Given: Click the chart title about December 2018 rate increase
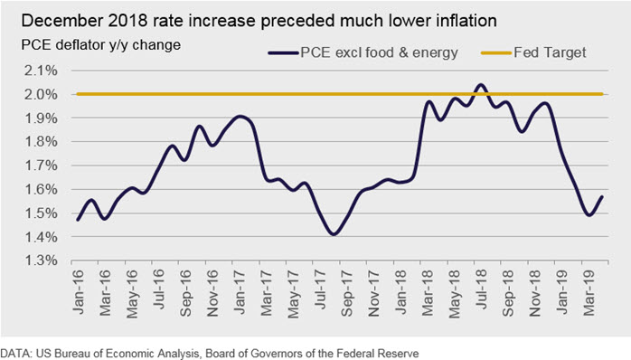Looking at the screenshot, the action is click(259, 21).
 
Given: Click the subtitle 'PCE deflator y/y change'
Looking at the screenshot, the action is click(100, 44).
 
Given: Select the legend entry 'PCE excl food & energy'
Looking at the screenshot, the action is click(363, 52).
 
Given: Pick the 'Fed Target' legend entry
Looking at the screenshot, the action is click(533, 52).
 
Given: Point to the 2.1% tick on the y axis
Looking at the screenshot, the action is click(41, 71).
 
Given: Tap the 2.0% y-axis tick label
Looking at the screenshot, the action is click(41, 95).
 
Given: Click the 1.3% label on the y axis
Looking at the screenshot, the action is click(41, 261).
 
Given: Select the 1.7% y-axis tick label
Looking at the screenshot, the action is click(41, 166).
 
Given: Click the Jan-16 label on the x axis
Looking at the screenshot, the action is click(78, 292).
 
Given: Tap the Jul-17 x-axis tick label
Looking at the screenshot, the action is click(320, 290).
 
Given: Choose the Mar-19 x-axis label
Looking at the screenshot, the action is click(589, 293).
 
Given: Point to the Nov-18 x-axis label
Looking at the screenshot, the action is click(535, 293).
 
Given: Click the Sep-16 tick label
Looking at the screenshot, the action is click(186, 293).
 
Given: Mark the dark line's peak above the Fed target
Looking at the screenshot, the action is click(481, 85).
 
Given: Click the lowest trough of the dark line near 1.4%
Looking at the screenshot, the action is click(334, 233).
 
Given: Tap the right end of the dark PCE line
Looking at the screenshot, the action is click(602, 197).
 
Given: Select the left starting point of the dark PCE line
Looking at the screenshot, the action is click(78, 220).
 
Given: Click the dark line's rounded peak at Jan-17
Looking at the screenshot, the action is click(240, 117).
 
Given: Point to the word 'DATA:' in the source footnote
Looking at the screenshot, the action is click(16, 354).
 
